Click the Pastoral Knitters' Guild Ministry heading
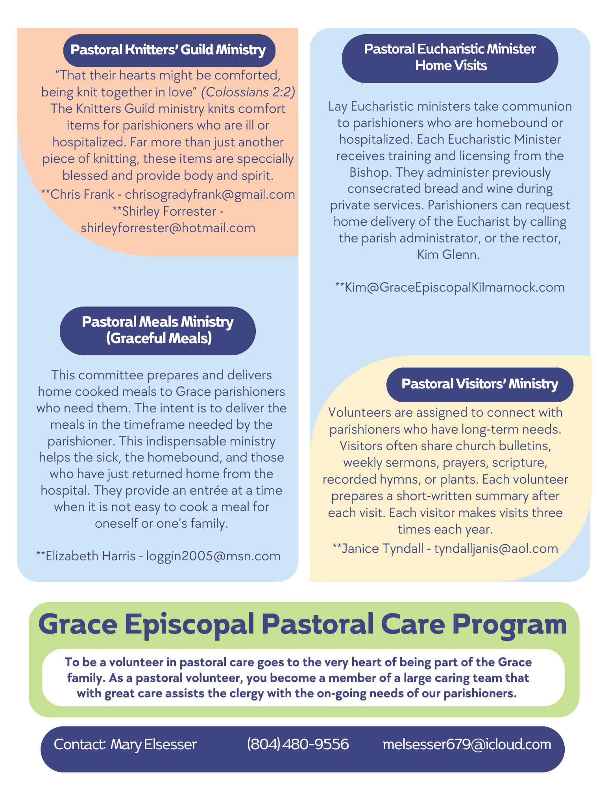click(169, 50)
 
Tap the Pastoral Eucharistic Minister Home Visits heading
click(450, 57)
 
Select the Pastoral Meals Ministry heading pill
click(157, 330)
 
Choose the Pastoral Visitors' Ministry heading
click(479, 384)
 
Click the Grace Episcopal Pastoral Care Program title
click(303, 624)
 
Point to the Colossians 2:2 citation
click(248, 92)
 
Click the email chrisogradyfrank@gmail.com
click(210, 194)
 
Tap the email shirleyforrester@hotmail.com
click(168, 228)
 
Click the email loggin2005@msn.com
click(213, 556)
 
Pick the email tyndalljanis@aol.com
click(496, 548)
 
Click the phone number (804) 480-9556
click(298, 744)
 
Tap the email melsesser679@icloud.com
click(467, 744)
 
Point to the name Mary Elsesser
click(153, 744)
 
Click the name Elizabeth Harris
click(91, 556)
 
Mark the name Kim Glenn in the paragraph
click(448, 255)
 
